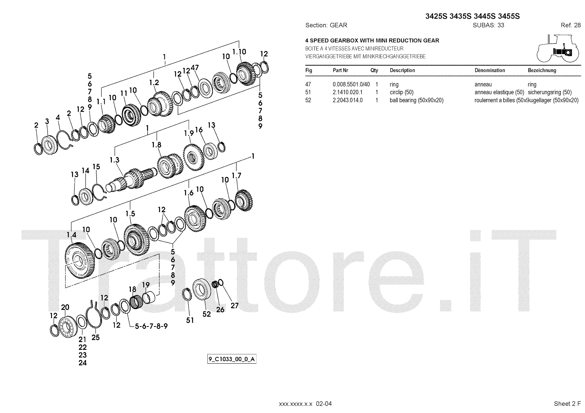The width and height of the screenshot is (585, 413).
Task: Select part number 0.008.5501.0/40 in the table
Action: coord(351,84)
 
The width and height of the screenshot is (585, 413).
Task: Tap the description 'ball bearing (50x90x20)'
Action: coord(416,100)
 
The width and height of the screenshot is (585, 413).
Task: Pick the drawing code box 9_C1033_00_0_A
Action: coord(232,359)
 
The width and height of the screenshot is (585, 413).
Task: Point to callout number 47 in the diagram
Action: coord(195,68)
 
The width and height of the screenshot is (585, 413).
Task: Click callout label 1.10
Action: coord(239,52)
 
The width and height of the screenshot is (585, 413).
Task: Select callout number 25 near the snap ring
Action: coord(95,337)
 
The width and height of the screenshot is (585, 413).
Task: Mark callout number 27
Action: coord(234,305)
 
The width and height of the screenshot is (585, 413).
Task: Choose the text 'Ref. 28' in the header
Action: coord(570,25)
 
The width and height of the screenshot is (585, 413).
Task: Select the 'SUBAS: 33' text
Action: coord(488,25)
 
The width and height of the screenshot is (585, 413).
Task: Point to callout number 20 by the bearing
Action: coord(65,307)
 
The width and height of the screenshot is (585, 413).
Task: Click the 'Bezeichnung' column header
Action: coord(542,70)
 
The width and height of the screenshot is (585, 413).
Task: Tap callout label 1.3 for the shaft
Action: coord(114,160)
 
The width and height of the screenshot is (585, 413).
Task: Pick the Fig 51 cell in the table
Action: coord(308,92)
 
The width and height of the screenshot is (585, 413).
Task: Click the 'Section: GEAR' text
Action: coord(326,25)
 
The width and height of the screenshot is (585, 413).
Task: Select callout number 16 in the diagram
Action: coord(199,130)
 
